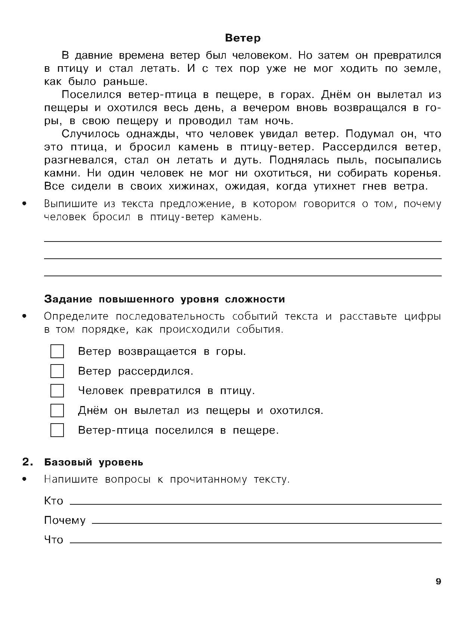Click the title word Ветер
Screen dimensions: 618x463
coord(243,38)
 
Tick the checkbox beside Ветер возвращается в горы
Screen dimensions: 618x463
coord(57,351)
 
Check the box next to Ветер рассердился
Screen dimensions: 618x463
coord(57,371)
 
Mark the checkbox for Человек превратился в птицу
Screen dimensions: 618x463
coord(57,391)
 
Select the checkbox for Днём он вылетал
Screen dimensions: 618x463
coord(57,411)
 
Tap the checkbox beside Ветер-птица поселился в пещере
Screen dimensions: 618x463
coord(57,430)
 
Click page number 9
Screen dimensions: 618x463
coord(438,582)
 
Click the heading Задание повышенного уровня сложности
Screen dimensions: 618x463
coord(164,299)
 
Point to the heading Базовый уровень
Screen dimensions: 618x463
coord(93,462)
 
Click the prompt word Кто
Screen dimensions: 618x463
coord(53,501)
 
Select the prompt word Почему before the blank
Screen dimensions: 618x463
coord(65,520)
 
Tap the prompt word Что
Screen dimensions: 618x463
coord(53,540)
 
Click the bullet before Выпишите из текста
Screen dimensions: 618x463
coord(25,204)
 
